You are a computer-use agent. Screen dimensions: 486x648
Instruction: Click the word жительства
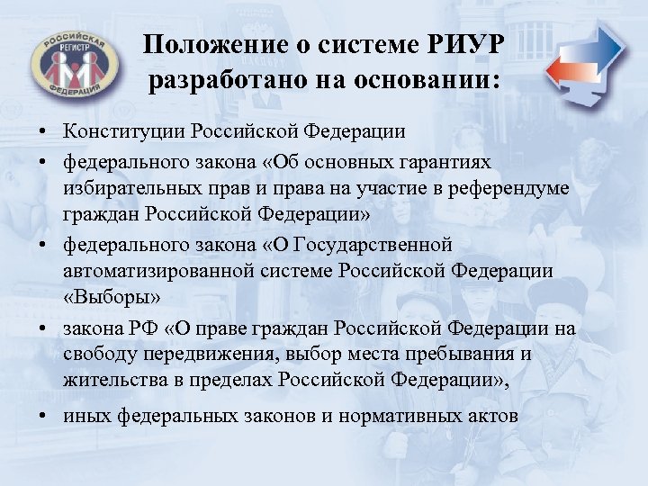coord(117,381)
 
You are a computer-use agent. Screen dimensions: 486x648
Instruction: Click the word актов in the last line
coord(492,416)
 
